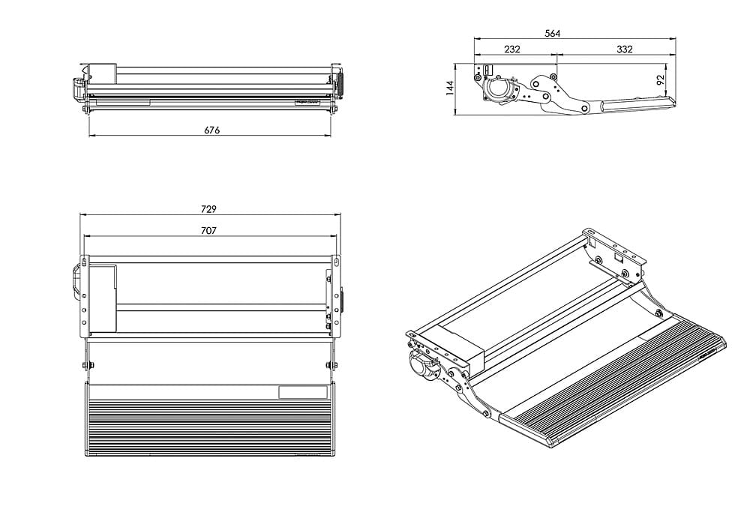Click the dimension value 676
[211, 130]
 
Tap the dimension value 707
[209, 231]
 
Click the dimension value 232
[512, 49]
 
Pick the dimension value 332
[624, 49]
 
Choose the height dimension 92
[661, 81]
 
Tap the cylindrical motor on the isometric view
[419, 367]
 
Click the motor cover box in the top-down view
[103, 298]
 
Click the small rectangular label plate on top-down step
[302, 391]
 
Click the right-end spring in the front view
[339, 82]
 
